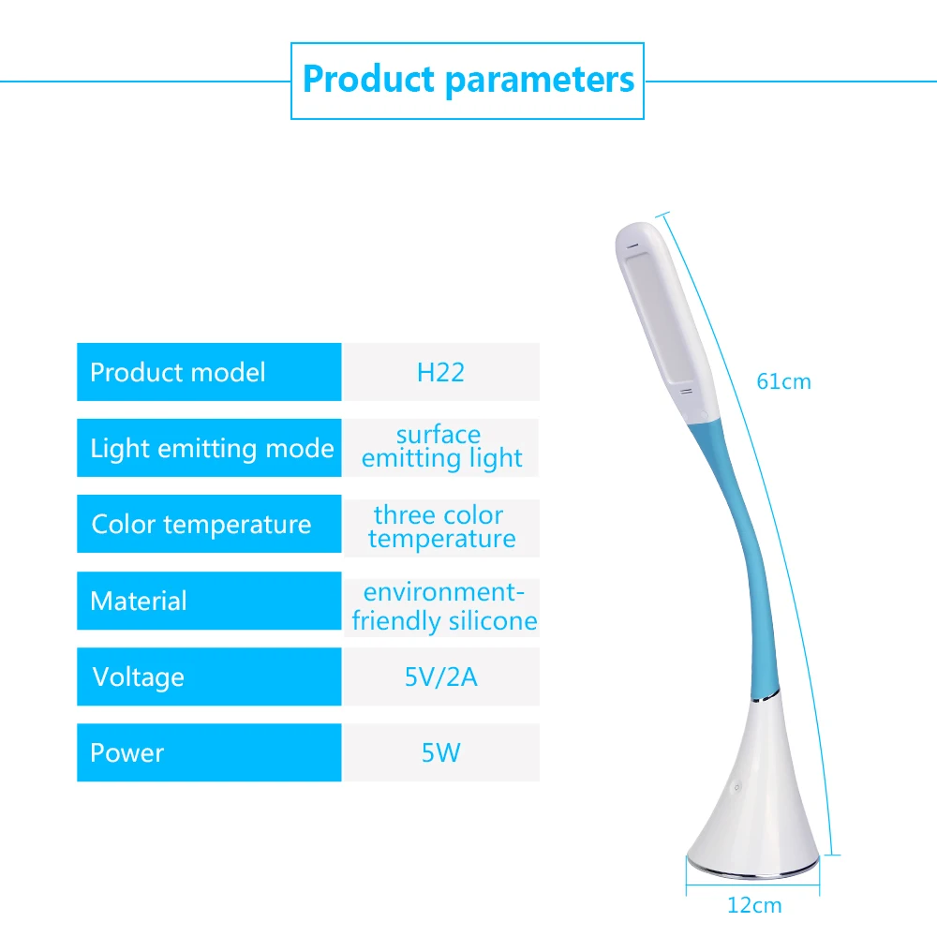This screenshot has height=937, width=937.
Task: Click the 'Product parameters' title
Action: [468, 80]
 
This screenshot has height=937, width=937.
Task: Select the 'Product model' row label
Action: [178, 372]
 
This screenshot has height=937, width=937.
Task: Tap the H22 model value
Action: [440, 372]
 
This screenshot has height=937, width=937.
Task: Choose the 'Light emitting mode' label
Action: [212, 448]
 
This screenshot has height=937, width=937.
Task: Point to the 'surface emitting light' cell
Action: [440, 447]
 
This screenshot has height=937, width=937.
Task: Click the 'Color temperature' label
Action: [201, 524]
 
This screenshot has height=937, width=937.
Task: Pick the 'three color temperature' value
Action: [440, 527]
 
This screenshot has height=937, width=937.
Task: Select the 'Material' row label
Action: [139, 601]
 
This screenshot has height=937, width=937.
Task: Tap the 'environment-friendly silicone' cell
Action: [443, 606]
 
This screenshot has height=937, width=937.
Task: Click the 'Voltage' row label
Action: [139, 677]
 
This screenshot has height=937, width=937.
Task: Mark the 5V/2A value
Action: [440, 677]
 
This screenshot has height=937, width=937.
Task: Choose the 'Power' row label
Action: [127, 752]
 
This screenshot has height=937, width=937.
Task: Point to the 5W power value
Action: [440, 752]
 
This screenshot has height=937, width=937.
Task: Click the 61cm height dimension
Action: [783, 381]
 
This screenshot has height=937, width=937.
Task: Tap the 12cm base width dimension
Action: [754, 905]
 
